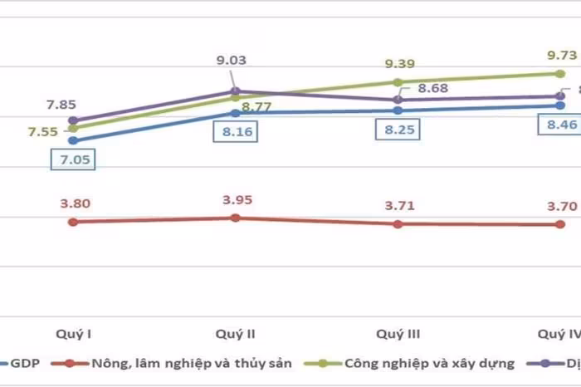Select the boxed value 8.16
(237, 131)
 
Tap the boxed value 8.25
(398, 130)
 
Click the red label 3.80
(75, 203)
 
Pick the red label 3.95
(237, 199)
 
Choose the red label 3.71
(398, 206)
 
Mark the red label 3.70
(558, 206)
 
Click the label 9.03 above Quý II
(232, 60)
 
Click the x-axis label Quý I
(73, 334)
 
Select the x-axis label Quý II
(235, 334)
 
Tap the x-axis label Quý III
(398, 334)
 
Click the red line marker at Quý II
(236, 218)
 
